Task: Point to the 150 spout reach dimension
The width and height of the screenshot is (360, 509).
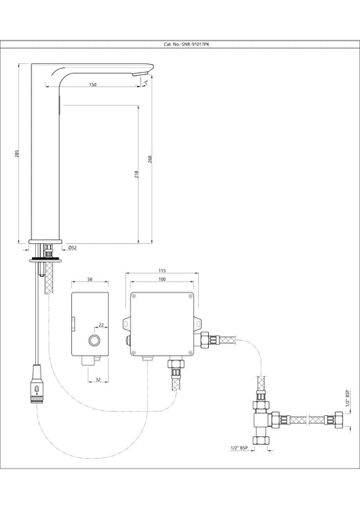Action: [92, 84]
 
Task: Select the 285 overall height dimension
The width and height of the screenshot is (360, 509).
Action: [17, 153]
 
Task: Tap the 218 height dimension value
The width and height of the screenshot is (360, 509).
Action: [137, 174]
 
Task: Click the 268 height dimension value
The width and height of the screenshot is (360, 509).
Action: [150, 160]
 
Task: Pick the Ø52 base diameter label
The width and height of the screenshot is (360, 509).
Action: [73, 248]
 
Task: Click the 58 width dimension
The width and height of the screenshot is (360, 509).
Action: [90, 279]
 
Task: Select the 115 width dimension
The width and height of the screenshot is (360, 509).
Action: [162, 271]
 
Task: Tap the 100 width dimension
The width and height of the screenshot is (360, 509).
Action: [162, 279]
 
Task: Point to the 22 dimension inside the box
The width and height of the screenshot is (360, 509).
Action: [101, 325]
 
